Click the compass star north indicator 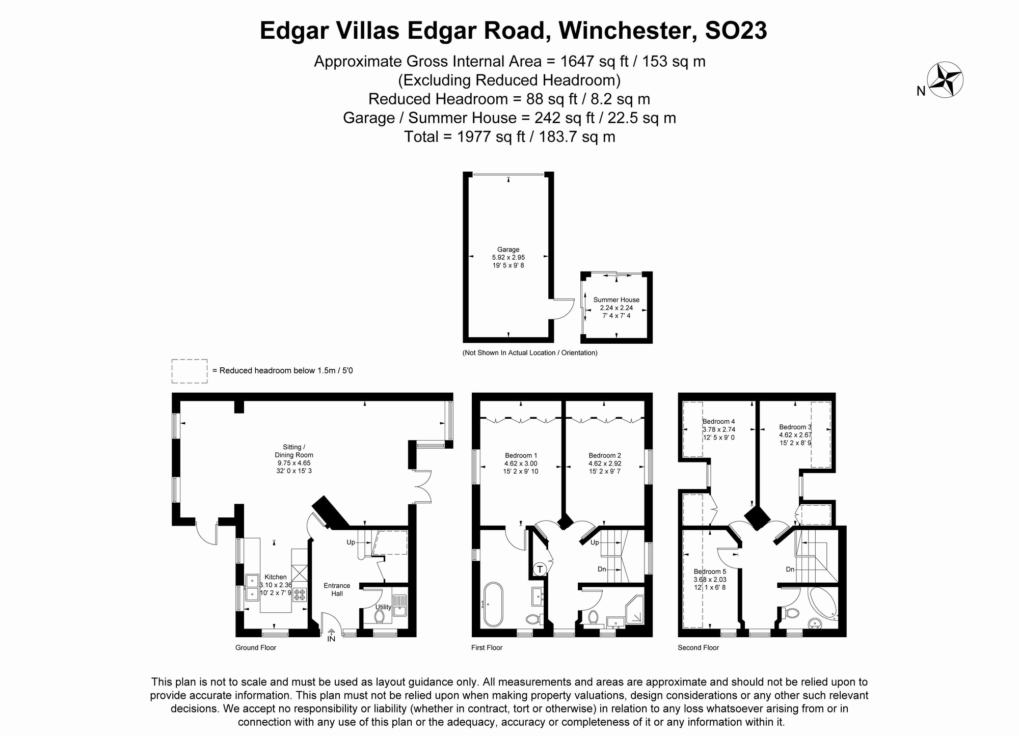[945, 80]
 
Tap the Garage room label [508, 250]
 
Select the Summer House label [616, 300]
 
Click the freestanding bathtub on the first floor [493, 604]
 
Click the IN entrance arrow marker [331, 636]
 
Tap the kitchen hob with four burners [299, 594]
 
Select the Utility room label [383, 607]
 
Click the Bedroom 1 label [521, 455]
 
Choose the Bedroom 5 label [710, 571]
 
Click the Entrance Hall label [337, 589]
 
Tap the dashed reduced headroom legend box [190, 371]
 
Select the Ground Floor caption [256, 648]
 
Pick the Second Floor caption [698, 648]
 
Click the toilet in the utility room [379, 616]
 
